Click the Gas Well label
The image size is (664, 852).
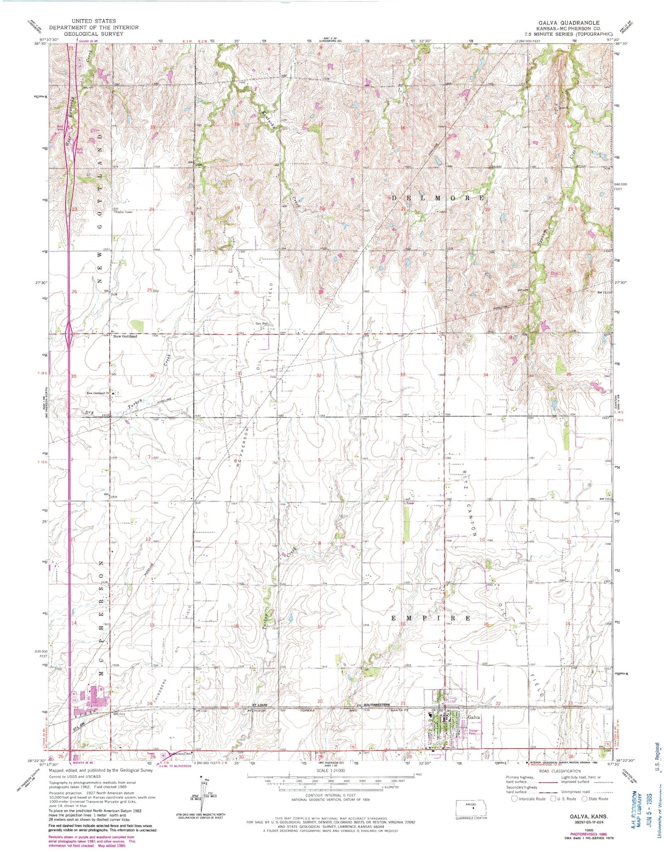[262, 323]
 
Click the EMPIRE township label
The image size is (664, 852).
[431, 618]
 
